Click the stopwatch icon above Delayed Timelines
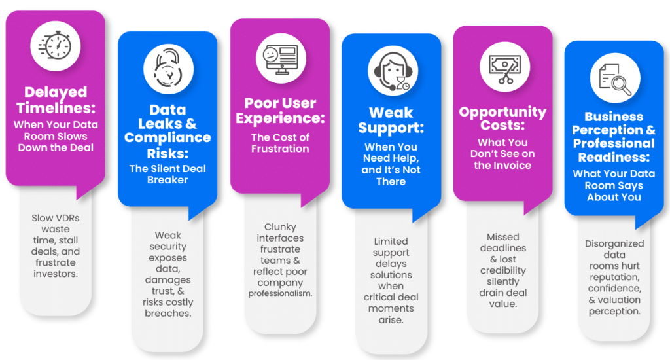tap(55, 46)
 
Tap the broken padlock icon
tap(167, 67)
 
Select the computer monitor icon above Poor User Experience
tap(279, 54)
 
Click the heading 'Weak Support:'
tap(391, 120)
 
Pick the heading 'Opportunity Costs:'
tap(502, 118)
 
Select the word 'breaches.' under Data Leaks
tap(167, 314)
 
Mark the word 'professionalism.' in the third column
tap(281, 293)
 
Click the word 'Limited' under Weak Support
tap(391, 242)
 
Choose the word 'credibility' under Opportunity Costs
tap(502, 271)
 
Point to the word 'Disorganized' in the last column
tap(614, 243)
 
